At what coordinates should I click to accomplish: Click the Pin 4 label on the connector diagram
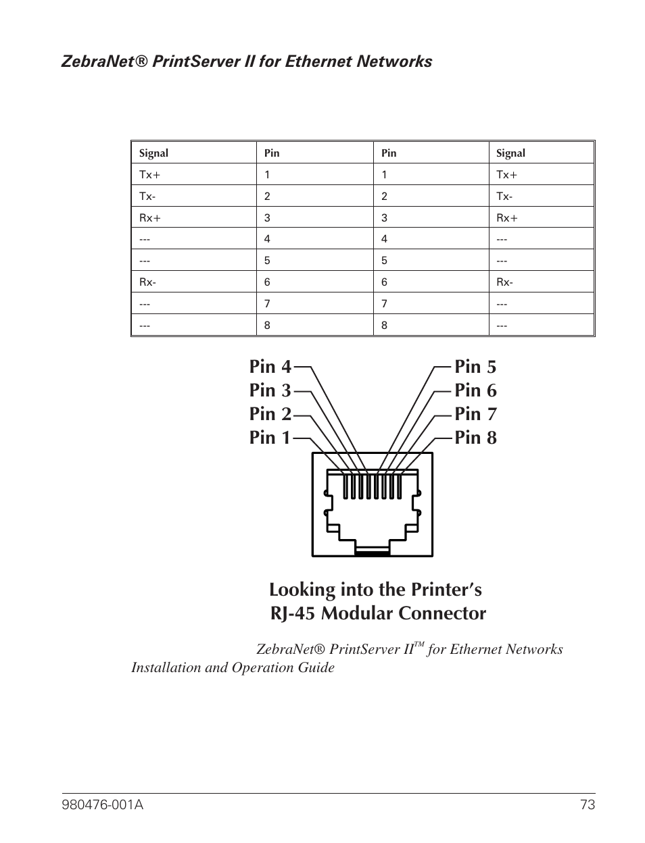coord(270,367)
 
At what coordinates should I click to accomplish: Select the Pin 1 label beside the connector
coord(270,438)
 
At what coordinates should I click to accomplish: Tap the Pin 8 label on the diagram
coord(475,438)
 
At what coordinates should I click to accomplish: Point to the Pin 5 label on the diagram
coord(475,367)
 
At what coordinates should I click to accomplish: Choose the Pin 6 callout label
coord(475,390)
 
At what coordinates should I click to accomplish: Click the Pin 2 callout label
coord(270,414)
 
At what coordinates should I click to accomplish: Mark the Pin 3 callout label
coord(270,390)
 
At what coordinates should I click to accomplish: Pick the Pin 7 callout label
coord(475,414)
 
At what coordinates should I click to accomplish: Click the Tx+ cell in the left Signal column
coord(149,175)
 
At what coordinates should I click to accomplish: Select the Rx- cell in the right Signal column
coord(504,282)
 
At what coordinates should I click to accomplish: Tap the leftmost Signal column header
coord(153,153)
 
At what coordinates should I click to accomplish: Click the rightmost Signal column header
coord(510,153)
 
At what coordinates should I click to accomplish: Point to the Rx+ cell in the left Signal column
coord(149,218)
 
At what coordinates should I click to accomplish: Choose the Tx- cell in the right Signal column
coord(504,197)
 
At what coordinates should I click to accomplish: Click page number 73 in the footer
coord(587,804)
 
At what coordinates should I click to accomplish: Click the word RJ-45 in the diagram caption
coord(293,613)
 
